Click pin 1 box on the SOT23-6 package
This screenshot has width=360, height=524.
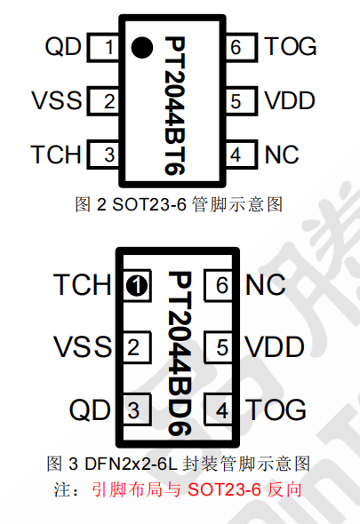(x=103, y=47)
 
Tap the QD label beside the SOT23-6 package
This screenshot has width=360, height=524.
(x=63, y=46)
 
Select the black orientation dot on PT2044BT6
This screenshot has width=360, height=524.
(x=142, y=47)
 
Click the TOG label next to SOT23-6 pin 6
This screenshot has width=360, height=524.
(x=291, y=46)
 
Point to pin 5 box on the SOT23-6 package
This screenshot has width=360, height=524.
(x=242, y=100)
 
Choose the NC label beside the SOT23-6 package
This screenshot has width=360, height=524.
(x=282, y=155)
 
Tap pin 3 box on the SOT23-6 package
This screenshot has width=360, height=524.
(x=103, y=154)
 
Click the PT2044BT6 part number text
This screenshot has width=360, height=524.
(x=174, y=106)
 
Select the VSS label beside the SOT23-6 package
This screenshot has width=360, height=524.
(x=57, y=100)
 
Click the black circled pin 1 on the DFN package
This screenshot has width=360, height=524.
(x=137, y=286)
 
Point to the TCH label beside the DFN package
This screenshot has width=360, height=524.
(x=83, y=284)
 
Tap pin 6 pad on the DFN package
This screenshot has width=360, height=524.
(x=219, y=285)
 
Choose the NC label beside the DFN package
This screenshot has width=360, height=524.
(x=266, y=285)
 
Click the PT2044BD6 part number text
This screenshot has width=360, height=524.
(x=180, y=353)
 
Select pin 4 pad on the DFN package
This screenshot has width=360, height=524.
(x=219, y=409)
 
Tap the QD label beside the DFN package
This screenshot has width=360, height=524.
(x=90, y=409)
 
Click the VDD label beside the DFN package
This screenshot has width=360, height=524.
(x=275, y=347)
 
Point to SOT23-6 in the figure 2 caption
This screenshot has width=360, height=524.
(x=148, y=204)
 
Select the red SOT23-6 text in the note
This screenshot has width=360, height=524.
(x=224, y=490)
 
